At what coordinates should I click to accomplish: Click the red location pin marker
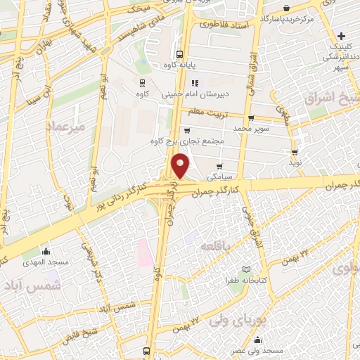click(x=181, y=165)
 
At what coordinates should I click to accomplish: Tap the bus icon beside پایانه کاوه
click(x=179, y=53)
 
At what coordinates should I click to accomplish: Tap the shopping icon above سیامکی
click(x=220, y=167)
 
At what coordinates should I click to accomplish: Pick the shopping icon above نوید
click(x=294, y=151)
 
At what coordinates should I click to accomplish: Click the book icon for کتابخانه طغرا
click(x=245, y=269)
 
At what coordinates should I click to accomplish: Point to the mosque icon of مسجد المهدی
click(x=48, y=251)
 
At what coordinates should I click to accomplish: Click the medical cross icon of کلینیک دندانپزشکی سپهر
click(x=340, y=35)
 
